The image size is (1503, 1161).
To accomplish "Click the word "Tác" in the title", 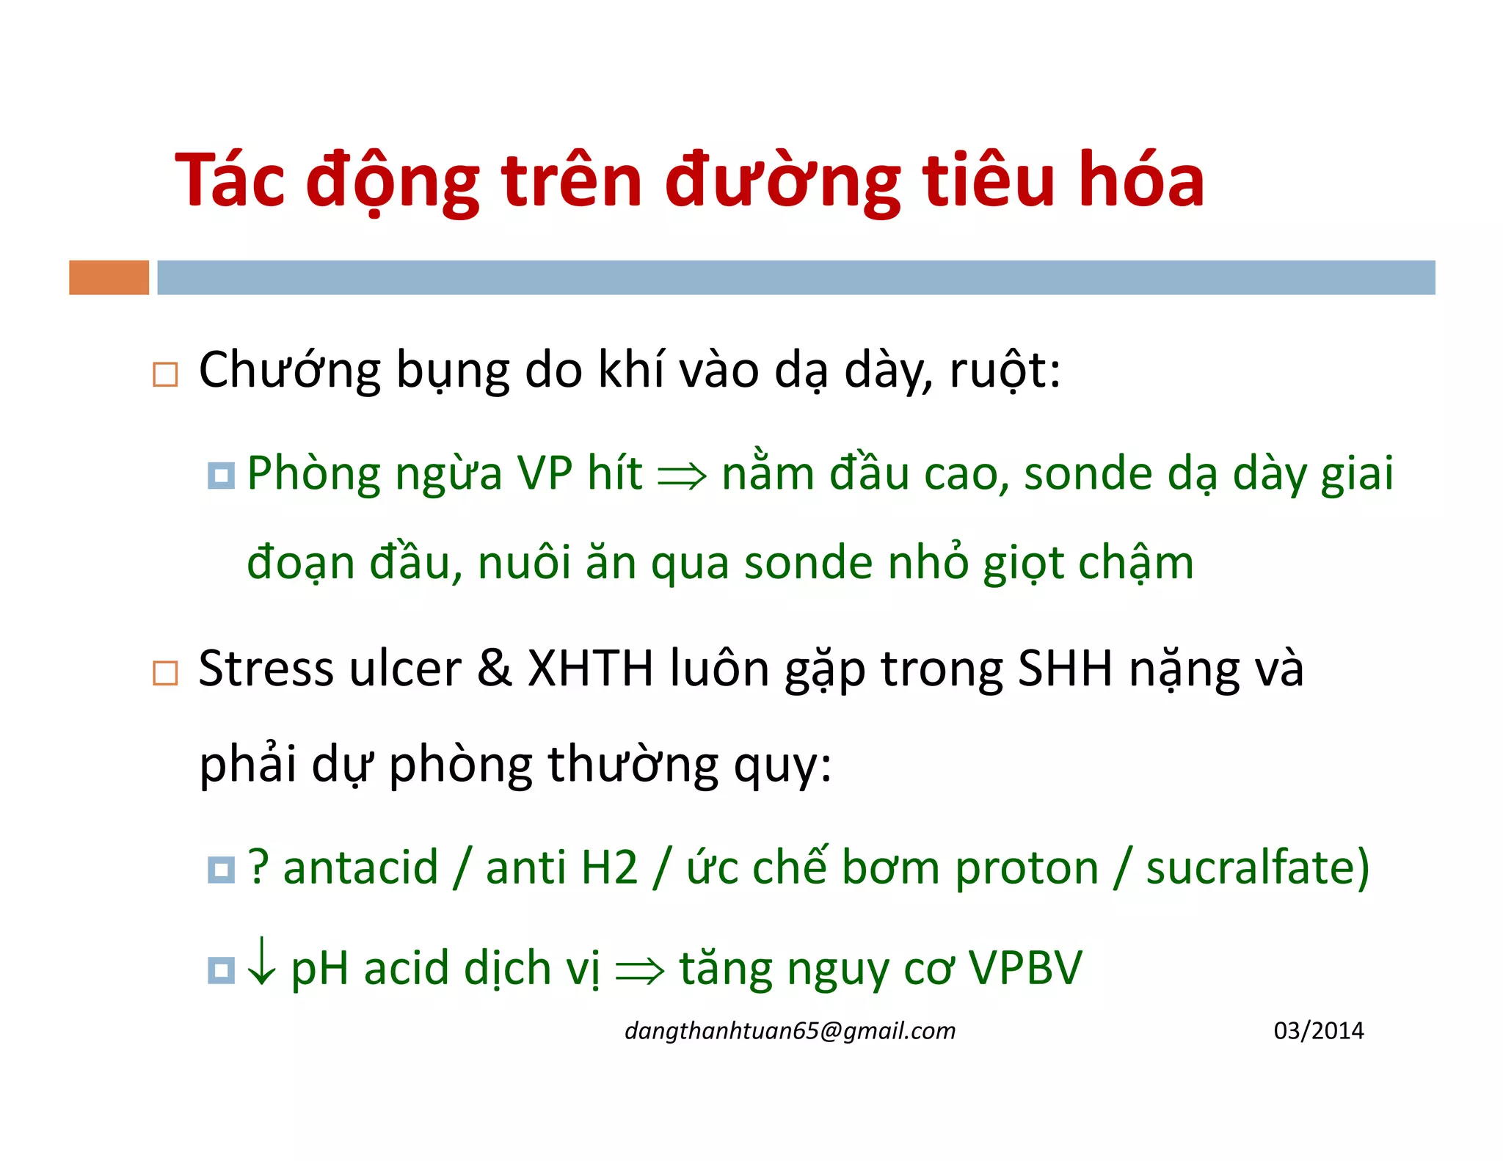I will coord(229,181).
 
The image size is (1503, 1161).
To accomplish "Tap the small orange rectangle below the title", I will coord(109,277).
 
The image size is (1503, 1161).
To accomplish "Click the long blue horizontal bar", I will coord(796,277).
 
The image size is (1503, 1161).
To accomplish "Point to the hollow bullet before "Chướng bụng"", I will coord(165,374).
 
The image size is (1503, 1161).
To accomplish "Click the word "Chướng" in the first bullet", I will coord(289,370).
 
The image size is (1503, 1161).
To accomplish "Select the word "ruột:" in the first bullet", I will coord(1005,370).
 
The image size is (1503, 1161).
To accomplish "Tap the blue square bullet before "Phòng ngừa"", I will coord(221,476).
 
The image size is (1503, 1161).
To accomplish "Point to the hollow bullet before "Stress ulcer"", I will coord(165,673).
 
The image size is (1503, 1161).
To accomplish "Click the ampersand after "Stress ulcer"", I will coord(494,669).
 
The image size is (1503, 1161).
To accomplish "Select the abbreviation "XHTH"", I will coord(590,669).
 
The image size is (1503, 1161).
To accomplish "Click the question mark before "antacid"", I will coord(258,867).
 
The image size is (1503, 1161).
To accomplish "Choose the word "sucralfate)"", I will coord(1257,867).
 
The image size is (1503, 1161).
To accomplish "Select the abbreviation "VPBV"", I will coord(1025,967).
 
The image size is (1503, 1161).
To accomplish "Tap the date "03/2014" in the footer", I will coord(1318,1030).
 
